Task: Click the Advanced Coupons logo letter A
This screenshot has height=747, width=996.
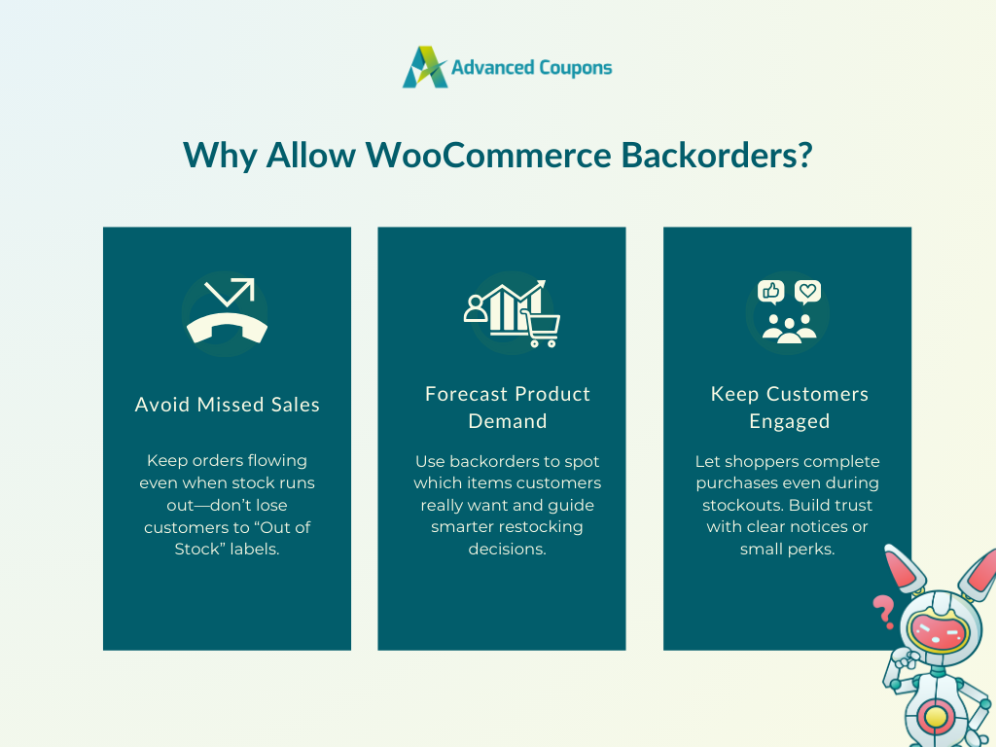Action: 424,67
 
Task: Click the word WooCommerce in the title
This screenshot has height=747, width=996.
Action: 488,155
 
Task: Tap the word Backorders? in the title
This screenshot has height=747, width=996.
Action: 717,155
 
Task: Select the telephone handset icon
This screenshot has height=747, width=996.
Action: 227,328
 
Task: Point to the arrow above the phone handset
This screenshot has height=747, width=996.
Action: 230,292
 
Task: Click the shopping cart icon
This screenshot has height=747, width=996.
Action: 541,329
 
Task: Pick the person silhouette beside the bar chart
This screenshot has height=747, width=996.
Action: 475,308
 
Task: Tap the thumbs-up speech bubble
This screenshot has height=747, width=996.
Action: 771,292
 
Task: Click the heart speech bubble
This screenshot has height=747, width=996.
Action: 807,292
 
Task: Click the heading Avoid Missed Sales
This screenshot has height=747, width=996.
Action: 228,405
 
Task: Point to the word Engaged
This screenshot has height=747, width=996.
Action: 790,422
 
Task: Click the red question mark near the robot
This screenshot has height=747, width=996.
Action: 883,612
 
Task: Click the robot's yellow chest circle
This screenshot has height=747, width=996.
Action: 936,717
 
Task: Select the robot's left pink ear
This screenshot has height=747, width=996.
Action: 904,567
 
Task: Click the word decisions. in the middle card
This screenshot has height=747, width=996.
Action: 507,549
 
